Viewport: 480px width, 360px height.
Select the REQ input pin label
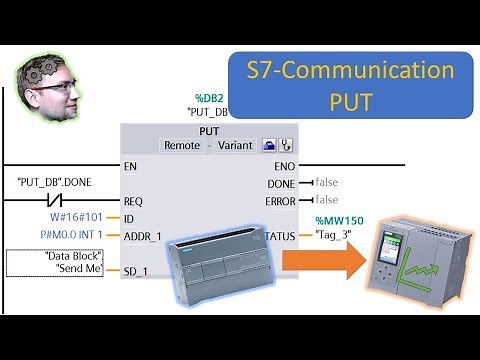(x=132, y=200)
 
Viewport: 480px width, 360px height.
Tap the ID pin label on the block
(x=127, y=218)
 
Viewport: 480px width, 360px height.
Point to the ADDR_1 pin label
(x=142, y=236)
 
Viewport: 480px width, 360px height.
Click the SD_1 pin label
(x=135, y=271)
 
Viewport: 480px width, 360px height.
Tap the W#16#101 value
(x=75, y=218)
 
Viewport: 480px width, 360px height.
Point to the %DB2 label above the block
(x=208, y=100)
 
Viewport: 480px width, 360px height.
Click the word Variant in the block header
(x=236, y=145)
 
